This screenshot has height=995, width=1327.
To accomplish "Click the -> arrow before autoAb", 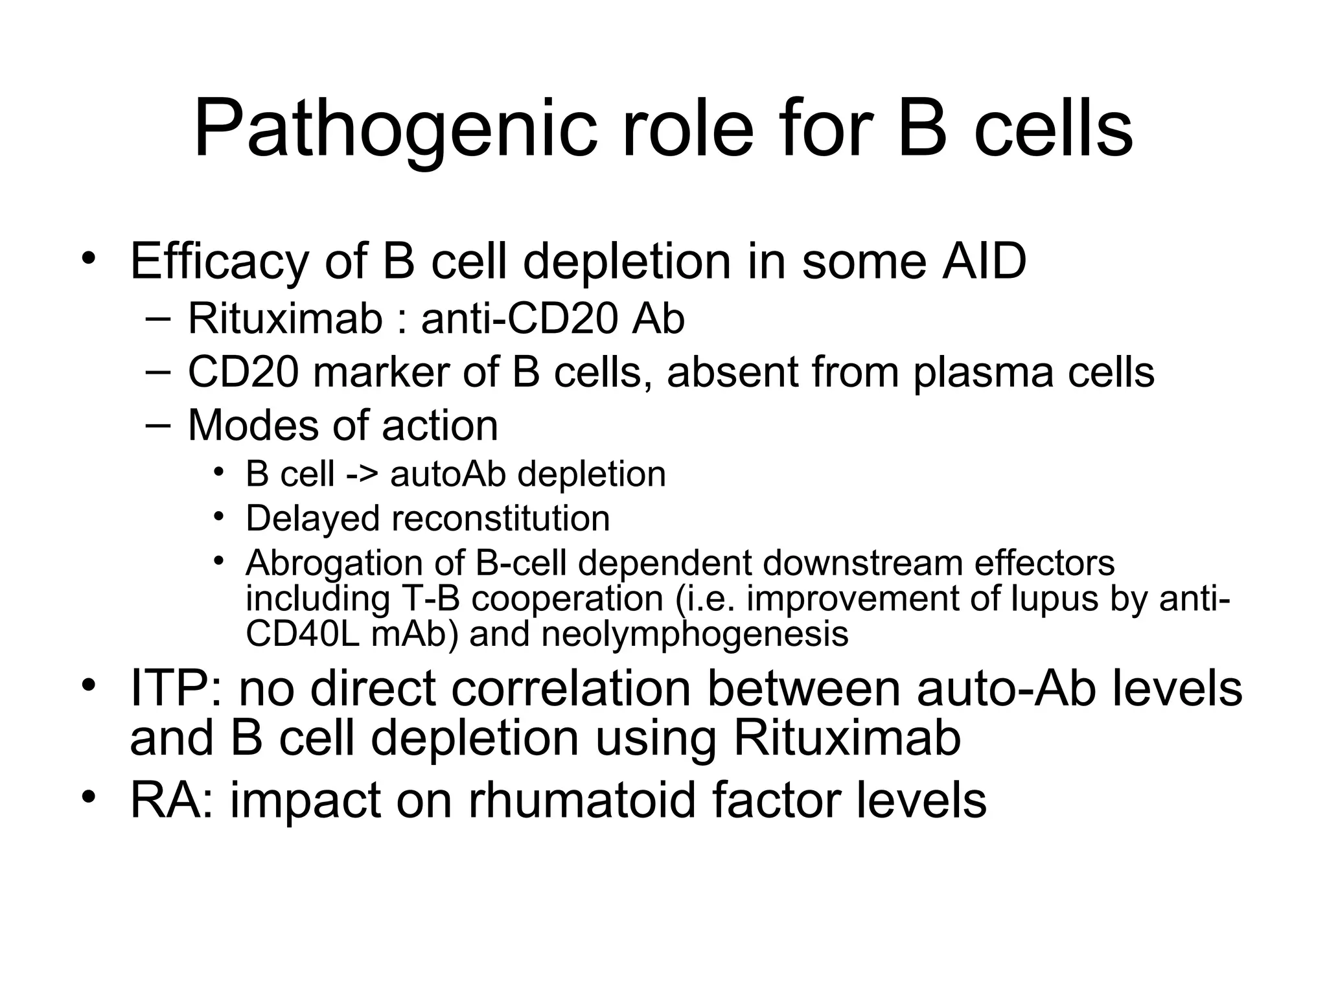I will pos(362,474).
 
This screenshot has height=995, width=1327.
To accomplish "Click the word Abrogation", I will pos(333,563).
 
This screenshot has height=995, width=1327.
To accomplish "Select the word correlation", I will pos(571,688).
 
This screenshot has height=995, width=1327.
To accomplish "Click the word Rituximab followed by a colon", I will pos(285,319).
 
